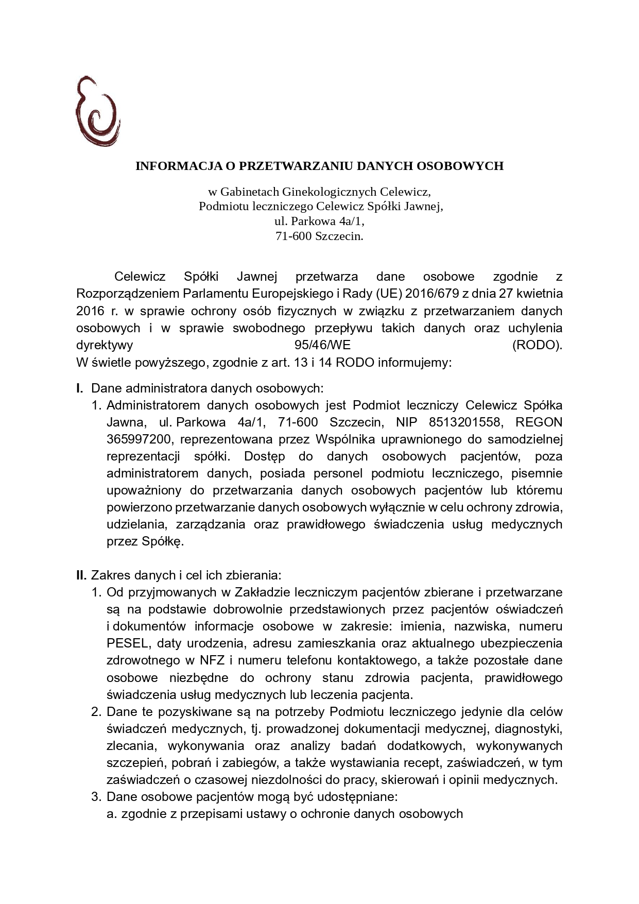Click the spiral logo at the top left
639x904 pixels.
coord(97,111)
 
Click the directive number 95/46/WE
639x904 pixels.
coord(319,345)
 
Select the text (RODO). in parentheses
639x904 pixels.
coord(537,345)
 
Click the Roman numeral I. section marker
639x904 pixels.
coord(80,388)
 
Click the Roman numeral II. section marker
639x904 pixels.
coord(82,575)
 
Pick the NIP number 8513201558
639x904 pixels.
coord(464,422)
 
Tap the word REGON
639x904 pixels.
coord(539,422)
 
